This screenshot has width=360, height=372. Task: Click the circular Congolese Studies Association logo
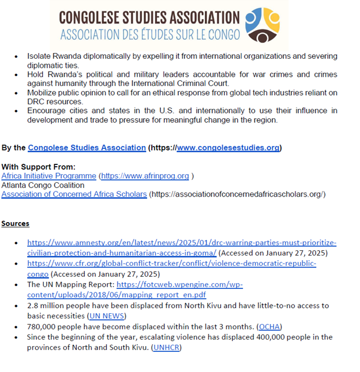(x=262, y=25)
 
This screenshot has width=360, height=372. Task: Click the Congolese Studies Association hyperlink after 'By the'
(x=87, y=148)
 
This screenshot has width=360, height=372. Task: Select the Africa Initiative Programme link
(x=48, y=176)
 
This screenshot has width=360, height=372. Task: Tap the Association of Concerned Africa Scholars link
(x=74, y=194)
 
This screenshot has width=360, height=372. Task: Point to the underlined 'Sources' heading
(x=15, y=223)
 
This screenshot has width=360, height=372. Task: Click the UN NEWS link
(x=107, y=316)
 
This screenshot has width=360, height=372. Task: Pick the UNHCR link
(x=167, y=347)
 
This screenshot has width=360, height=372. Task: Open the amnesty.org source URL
(x=182, y=243)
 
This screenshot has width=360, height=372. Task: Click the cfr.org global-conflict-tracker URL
(x=171, y=264)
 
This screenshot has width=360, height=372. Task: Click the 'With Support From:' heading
(x=38, y=167)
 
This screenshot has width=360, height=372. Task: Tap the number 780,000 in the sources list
(x=43, y=326)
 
